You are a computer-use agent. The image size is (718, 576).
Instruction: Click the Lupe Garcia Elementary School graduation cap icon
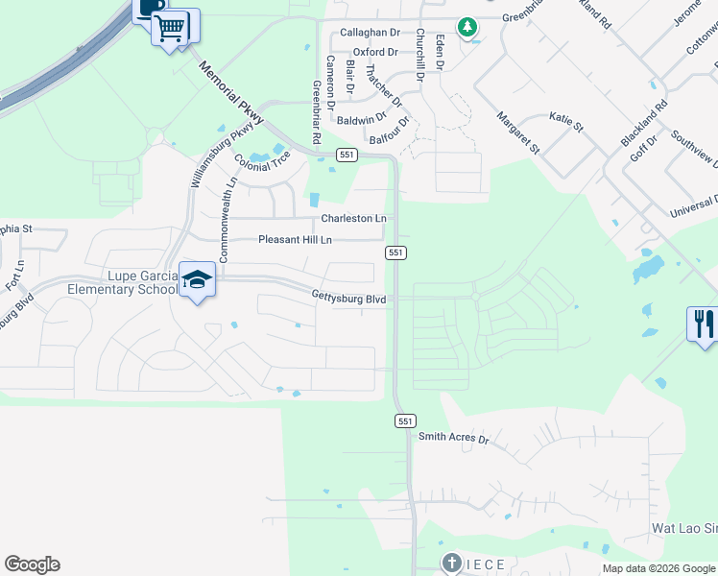(198, 279)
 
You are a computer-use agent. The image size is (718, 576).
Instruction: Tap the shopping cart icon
(170, 28)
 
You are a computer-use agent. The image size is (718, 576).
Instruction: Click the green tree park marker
(467, 27)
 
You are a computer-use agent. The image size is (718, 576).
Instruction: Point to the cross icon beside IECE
(451, 563)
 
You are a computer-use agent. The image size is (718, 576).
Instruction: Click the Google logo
(32, 564)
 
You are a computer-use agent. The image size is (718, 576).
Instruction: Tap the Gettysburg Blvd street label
(347, 299)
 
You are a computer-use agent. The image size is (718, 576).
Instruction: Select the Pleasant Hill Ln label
(295, 239)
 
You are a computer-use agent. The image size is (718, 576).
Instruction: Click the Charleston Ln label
(352, 219)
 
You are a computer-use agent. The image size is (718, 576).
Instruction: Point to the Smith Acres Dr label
(453, 438)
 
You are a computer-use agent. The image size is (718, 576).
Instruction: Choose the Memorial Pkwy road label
(225, 90)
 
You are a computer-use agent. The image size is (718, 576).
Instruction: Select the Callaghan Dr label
(369, 32)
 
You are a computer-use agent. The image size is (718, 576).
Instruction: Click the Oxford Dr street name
(374, 52)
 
